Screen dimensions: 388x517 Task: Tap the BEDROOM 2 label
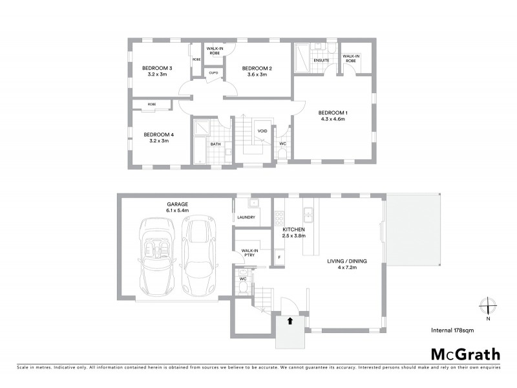point(257,68)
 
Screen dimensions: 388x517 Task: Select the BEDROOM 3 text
point(156,68)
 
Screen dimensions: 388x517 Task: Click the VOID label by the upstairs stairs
point(262,131)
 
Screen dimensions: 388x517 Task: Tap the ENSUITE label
point(321,61)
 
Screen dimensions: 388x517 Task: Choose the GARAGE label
point(176,204)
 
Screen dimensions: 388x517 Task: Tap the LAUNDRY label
point(247,217)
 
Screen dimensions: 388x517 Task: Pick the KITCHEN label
point(293,230)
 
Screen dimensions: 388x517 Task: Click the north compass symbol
point(488,307)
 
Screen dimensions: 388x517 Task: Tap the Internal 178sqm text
point(452,330)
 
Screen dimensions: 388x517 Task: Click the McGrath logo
point(465,354)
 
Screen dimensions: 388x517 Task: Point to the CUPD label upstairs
point(213,73)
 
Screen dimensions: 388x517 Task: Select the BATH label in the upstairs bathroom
point(215,144)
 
